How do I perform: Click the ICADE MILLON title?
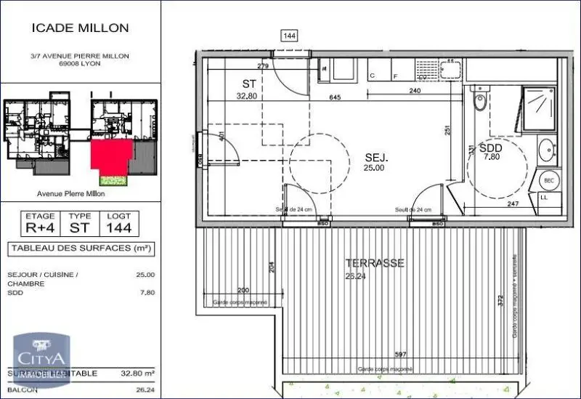(x=80, y=28)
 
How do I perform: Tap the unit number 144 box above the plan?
(x=290, y=34)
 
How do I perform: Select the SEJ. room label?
(x=376, y=157)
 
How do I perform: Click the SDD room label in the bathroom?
(x=490, y=146)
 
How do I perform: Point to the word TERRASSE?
(x=375, y=263)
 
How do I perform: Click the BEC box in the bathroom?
(x=550, y=180)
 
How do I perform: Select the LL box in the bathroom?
(x=545, y=198)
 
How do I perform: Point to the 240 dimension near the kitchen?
(x=415, y=91)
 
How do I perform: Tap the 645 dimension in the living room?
(x=335, y=97)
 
